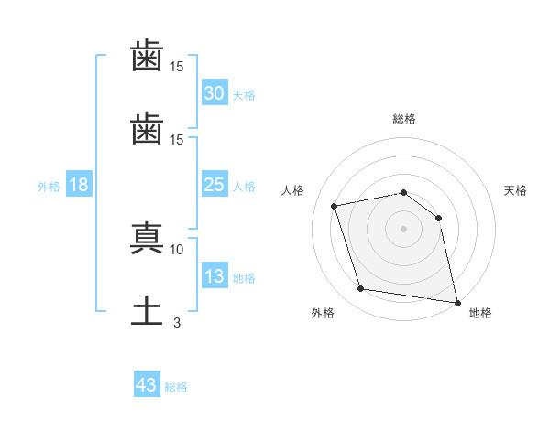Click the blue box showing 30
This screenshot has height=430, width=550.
214,92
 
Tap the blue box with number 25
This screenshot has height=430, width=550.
214,184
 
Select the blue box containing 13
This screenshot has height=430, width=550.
214,274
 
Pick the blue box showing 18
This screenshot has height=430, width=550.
79,184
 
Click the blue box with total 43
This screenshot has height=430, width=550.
147,383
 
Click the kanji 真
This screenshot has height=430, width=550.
147,238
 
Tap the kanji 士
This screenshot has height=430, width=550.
147,311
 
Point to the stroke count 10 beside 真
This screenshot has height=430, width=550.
176,250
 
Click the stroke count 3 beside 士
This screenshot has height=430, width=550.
177,323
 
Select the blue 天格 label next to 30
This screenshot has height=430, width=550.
244,95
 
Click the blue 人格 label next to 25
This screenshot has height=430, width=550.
244,187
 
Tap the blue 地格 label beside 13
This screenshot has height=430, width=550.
244,278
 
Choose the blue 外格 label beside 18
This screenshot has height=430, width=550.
49,187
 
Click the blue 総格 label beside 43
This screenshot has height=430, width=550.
176,387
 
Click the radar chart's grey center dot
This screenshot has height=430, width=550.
403,229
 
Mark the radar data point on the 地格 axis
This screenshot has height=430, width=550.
457,303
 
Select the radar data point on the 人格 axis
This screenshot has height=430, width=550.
334,206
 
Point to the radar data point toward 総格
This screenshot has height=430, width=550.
403,193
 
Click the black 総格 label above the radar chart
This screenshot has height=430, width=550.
404,119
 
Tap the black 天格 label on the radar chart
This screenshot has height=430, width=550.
515,190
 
